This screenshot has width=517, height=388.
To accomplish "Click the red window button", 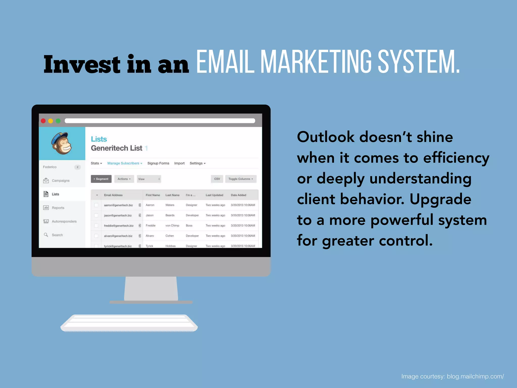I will tap(43, 121).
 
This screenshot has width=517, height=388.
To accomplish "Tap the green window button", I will tap(58, 121).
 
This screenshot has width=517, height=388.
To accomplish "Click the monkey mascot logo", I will tap(62, 143).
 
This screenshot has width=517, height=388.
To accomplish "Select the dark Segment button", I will tap(101, 179).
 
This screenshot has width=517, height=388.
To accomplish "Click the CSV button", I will tap(217, 179).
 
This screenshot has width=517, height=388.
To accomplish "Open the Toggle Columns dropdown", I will tap(241, 179).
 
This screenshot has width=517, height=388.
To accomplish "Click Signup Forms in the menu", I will tap(158, 163).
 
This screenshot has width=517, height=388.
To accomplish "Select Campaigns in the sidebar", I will tap(60, 181).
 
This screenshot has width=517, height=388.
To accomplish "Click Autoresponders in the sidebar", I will tap(64, 221).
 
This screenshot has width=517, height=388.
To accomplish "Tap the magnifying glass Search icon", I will tap(46, 235).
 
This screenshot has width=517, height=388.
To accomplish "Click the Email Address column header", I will tap(113, 195).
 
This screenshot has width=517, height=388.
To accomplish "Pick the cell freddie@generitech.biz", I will tap(119, 226).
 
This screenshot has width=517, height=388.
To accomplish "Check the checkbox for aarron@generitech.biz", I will tap(96, 205).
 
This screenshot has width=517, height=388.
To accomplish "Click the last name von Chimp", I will tap(172, 226).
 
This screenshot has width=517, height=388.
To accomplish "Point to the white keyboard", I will tap(129, 323).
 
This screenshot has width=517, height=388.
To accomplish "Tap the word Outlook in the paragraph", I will tap(326, 137).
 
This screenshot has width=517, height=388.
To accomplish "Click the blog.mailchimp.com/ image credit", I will tap(475, 376).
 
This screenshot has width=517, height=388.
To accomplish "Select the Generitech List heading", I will tap(117, 148).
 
